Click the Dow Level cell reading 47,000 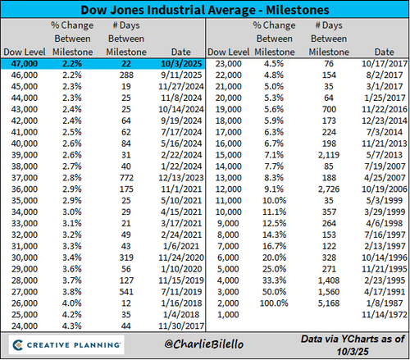pyautogui.click(x=25, y=64)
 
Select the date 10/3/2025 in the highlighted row pyautogui.click(x=181, y=64)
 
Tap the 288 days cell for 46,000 pyautogui.click(x=126, y=75)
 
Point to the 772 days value pyautogui.click(x=126, y=178)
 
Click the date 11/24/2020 pyautogui.click(x=181, y=257)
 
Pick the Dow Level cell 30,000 pyautogui.click(x=25, y=257)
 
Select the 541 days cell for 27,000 pyautogui.click(x=126, y=292)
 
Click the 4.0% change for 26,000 pyautogui.click(x=72, y=303)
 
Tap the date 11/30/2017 pyautogui.click(x=181, y=326)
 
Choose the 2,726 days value pyautogui.click(x=329, y=189)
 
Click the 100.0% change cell pyautogui.click(x=274, y=303)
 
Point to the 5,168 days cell pyautogui.click(x=329, y=303)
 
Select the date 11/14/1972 pyautogui.click(x=385, y=315)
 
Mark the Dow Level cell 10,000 pyautogui.click(x=229, y=212)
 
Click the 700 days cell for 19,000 pyautogui.click(x=329, y=109)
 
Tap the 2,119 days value pyautogui.click(x=329, y=155)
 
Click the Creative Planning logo pyautogui.click(x=66, y=345)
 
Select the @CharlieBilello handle pyautogui.click(x=204, y=344)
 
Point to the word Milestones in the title pyautogui.click(x=298, y=10)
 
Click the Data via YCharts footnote pyautogui.click(x=353, y=345)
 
